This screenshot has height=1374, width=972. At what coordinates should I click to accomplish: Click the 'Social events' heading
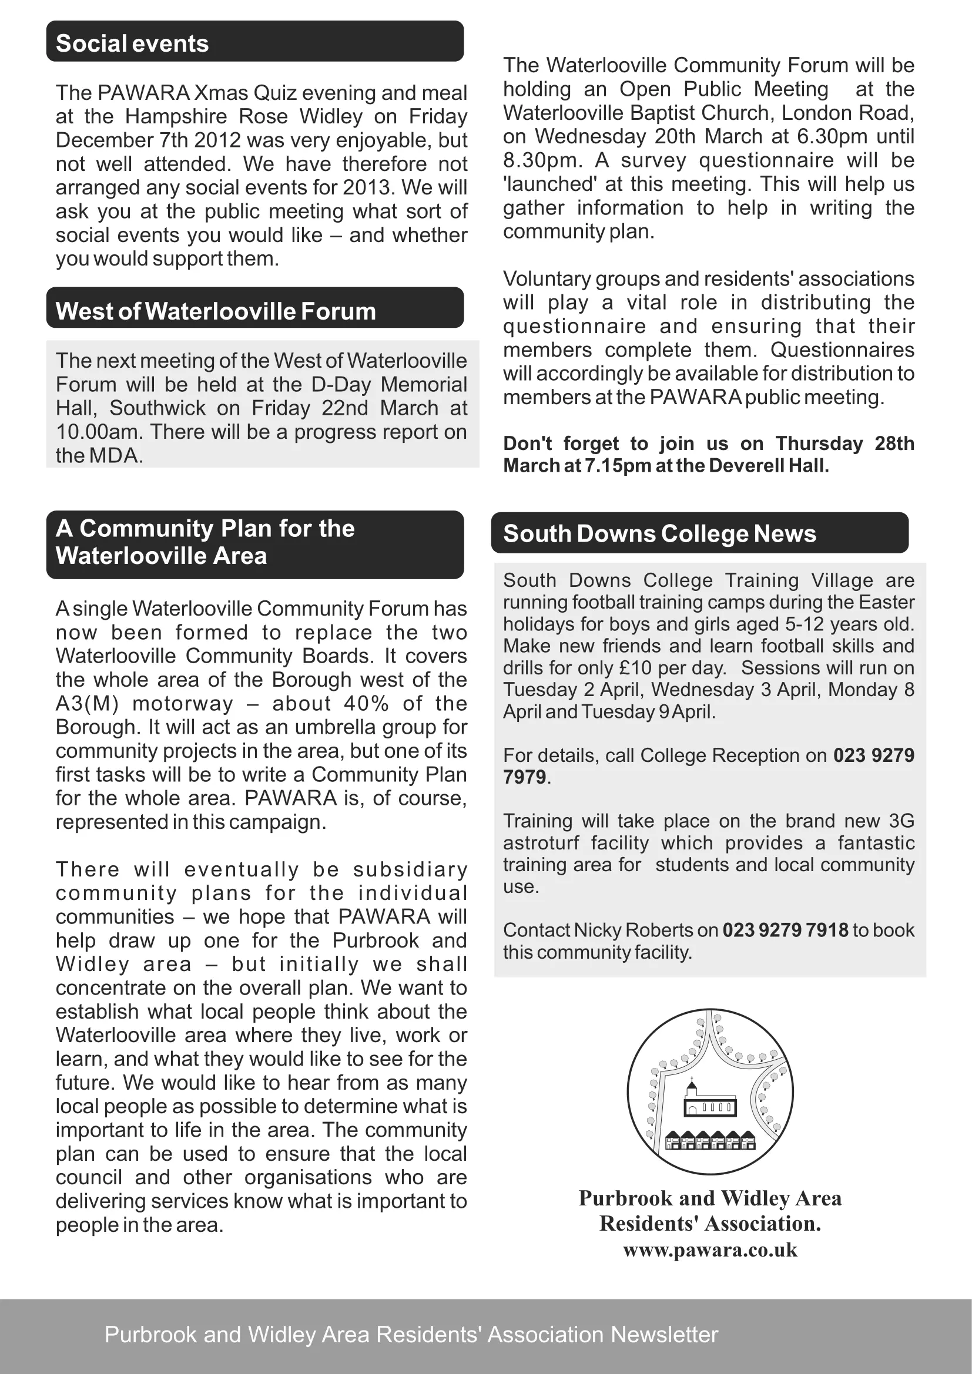(x=132, y=43)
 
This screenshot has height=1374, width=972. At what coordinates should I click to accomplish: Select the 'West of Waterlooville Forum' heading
(x=216, y=311)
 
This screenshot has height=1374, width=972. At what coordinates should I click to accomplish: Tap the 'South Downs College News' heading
(x=659, y=534)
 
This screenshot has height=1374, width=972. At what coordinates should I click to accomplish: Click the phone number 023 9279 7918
(x=785, y=930)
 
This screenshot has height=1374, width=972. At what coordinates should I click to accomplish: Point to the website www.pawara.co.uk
(x=710, y=1249)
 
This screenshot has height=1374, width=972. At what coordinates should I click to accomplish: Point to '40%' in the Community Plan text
(x=366, y=703)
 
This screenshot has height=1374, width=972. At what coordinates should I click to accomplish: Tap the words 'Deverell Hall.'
(x=769, y=466)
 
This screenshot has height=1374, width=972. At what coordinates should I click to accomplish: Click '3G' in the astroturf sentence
(x=901, y=821)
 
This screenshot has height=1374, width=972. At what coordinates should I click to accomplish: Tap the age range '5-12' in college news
(x=806, y=624)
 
